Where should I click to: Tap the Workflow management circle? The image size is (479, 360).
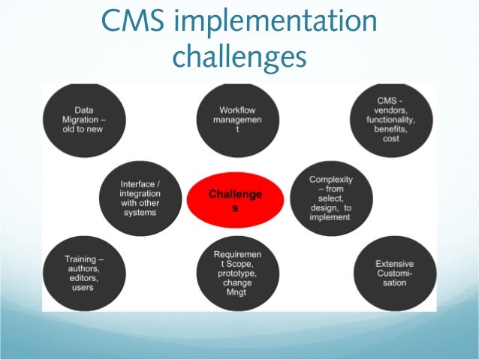click(237, 119)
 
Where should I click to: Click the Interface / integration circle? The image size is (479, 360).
click(140, 198)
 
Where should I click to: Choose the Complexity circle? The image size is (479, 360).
click(330, 198)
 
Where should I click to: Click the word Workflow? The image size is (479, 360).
click(237, 109)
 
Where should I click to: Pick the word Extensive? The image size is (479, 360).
click(394, 264)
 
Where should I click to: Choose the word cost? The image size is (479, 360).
click(393, 139)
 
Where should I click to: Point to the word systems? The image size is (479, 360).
click(140, 213)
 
